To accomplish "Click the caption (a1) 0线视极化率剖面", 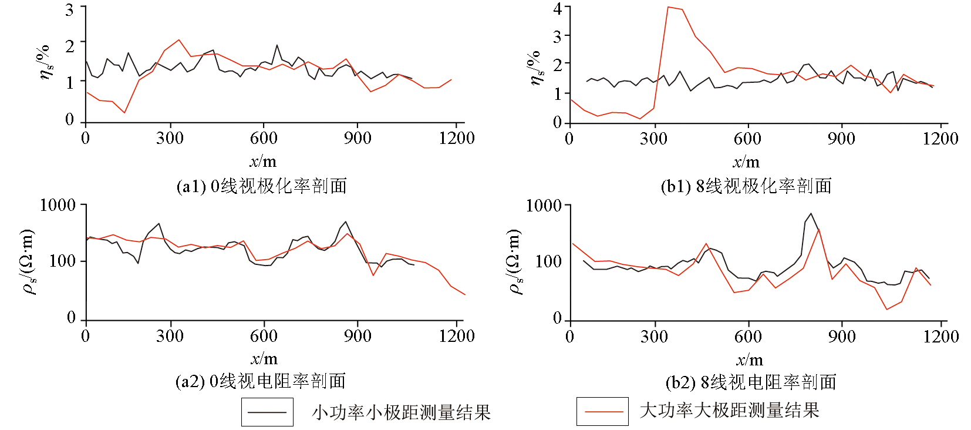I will (x=261, y=186).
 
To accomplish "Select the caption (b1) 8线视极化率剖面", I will (x=746, y=186).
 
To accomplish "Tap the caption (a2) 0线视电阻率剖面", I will (x=260, y=382).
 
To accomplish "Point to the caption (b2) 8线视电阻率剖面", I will (x=751, y=382).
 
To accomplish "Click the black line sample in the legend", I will (x=267, y=412).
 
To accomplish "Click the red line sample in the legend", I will (x=602, y=411).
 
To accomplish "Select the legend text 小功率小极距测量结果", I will (x=401, y=412).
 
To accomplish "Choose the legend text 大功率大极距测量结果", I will (x=729, y=410).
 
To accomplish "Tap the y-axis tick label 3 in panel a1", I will (x=70, y=9).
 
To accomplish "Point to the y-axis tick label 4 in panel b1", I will (x=557, y=9).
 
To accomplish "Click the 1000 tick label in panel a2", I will (x=58, y=205).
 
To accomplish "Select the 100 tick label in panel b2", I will (x=548, y=261).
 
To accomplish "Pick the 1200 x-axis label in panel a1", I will (x=456, y=138).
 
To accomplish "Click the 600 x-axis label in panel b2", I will (x=748, y=336).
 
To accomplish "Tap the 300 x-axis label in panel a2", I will (x=170, y=336).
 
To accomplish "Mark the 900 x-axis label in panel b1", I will (x=841, y=139).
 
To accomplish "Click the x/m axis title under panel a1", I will (x=262, y=162).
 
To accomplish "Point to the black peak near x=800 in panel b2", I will (x=811, y=214).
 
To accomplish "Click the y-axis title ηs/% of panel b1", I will (x=535, y=68).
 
